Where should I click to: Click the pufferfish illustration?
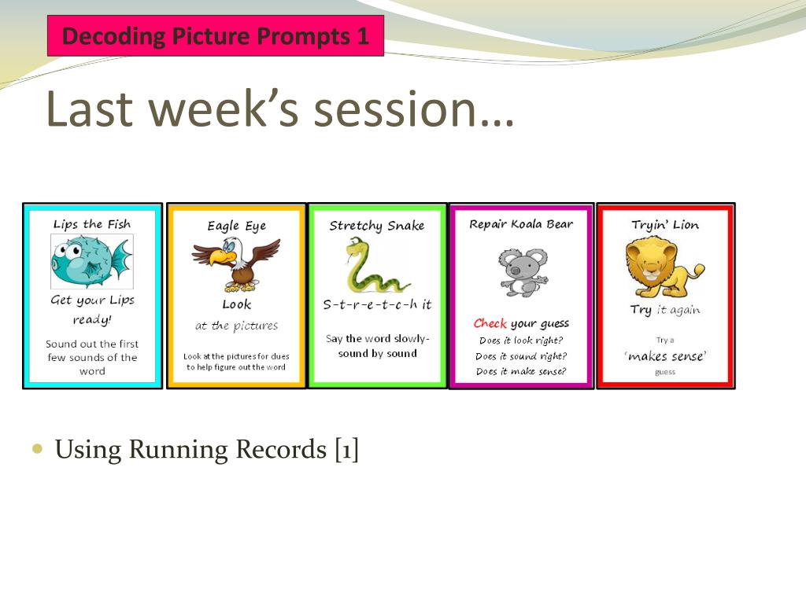pyautogui.click(x=92, y=261)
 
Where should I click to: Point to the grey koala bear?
pyautogui.click(x=523, y=272)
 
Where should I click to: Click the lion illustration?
pyautogui.click(x=664, y=269)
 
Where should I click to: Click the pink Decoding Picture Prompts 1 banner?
pyautogui.click(x=216, y=35)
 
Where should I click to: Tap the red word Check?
pyautogui.click(x=490, y=323)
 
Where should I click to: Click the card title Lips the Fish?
pyautogui.click(x=92, y=224)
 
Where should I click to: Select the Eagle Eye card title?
pyautogui.click(x=236, y=226)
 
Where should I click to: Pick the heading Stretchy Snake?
pyautogui.click(x=377, y=226)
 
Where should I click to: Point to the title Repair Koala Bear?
pyautogui.click(x=521, y=224)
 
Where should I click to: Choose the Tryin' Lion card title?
pyautogui.click(x=665, y=224)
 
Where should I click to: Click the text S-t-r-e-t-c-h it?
pyautogui.click(x=377, y=304)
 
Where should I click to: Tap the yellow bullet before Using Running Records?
pyautogui.click(x=37, y=449)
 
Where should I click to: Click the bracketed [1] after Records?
pyautogui.click(x=346, y=449)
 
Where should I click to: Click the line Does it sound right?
pyautogui.click(x=521, y=356)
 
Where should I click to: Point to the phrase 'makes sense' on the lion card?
pyautogui.click(x=665, y=356)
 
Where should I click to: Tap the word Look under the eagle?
pyautogui.click(x=236, y=304)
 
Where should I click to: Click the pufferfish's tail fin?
pyautogui.click(x=121, y=262)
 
